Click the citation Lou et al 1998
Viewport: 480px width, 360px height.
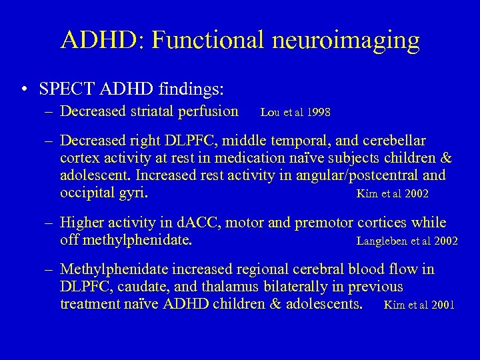tap(295, 113)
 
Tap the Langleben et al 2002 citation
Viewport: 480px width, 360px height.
tap(407, 241)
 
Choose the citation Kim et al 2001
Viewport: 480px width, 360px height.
tap(419, 305)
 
